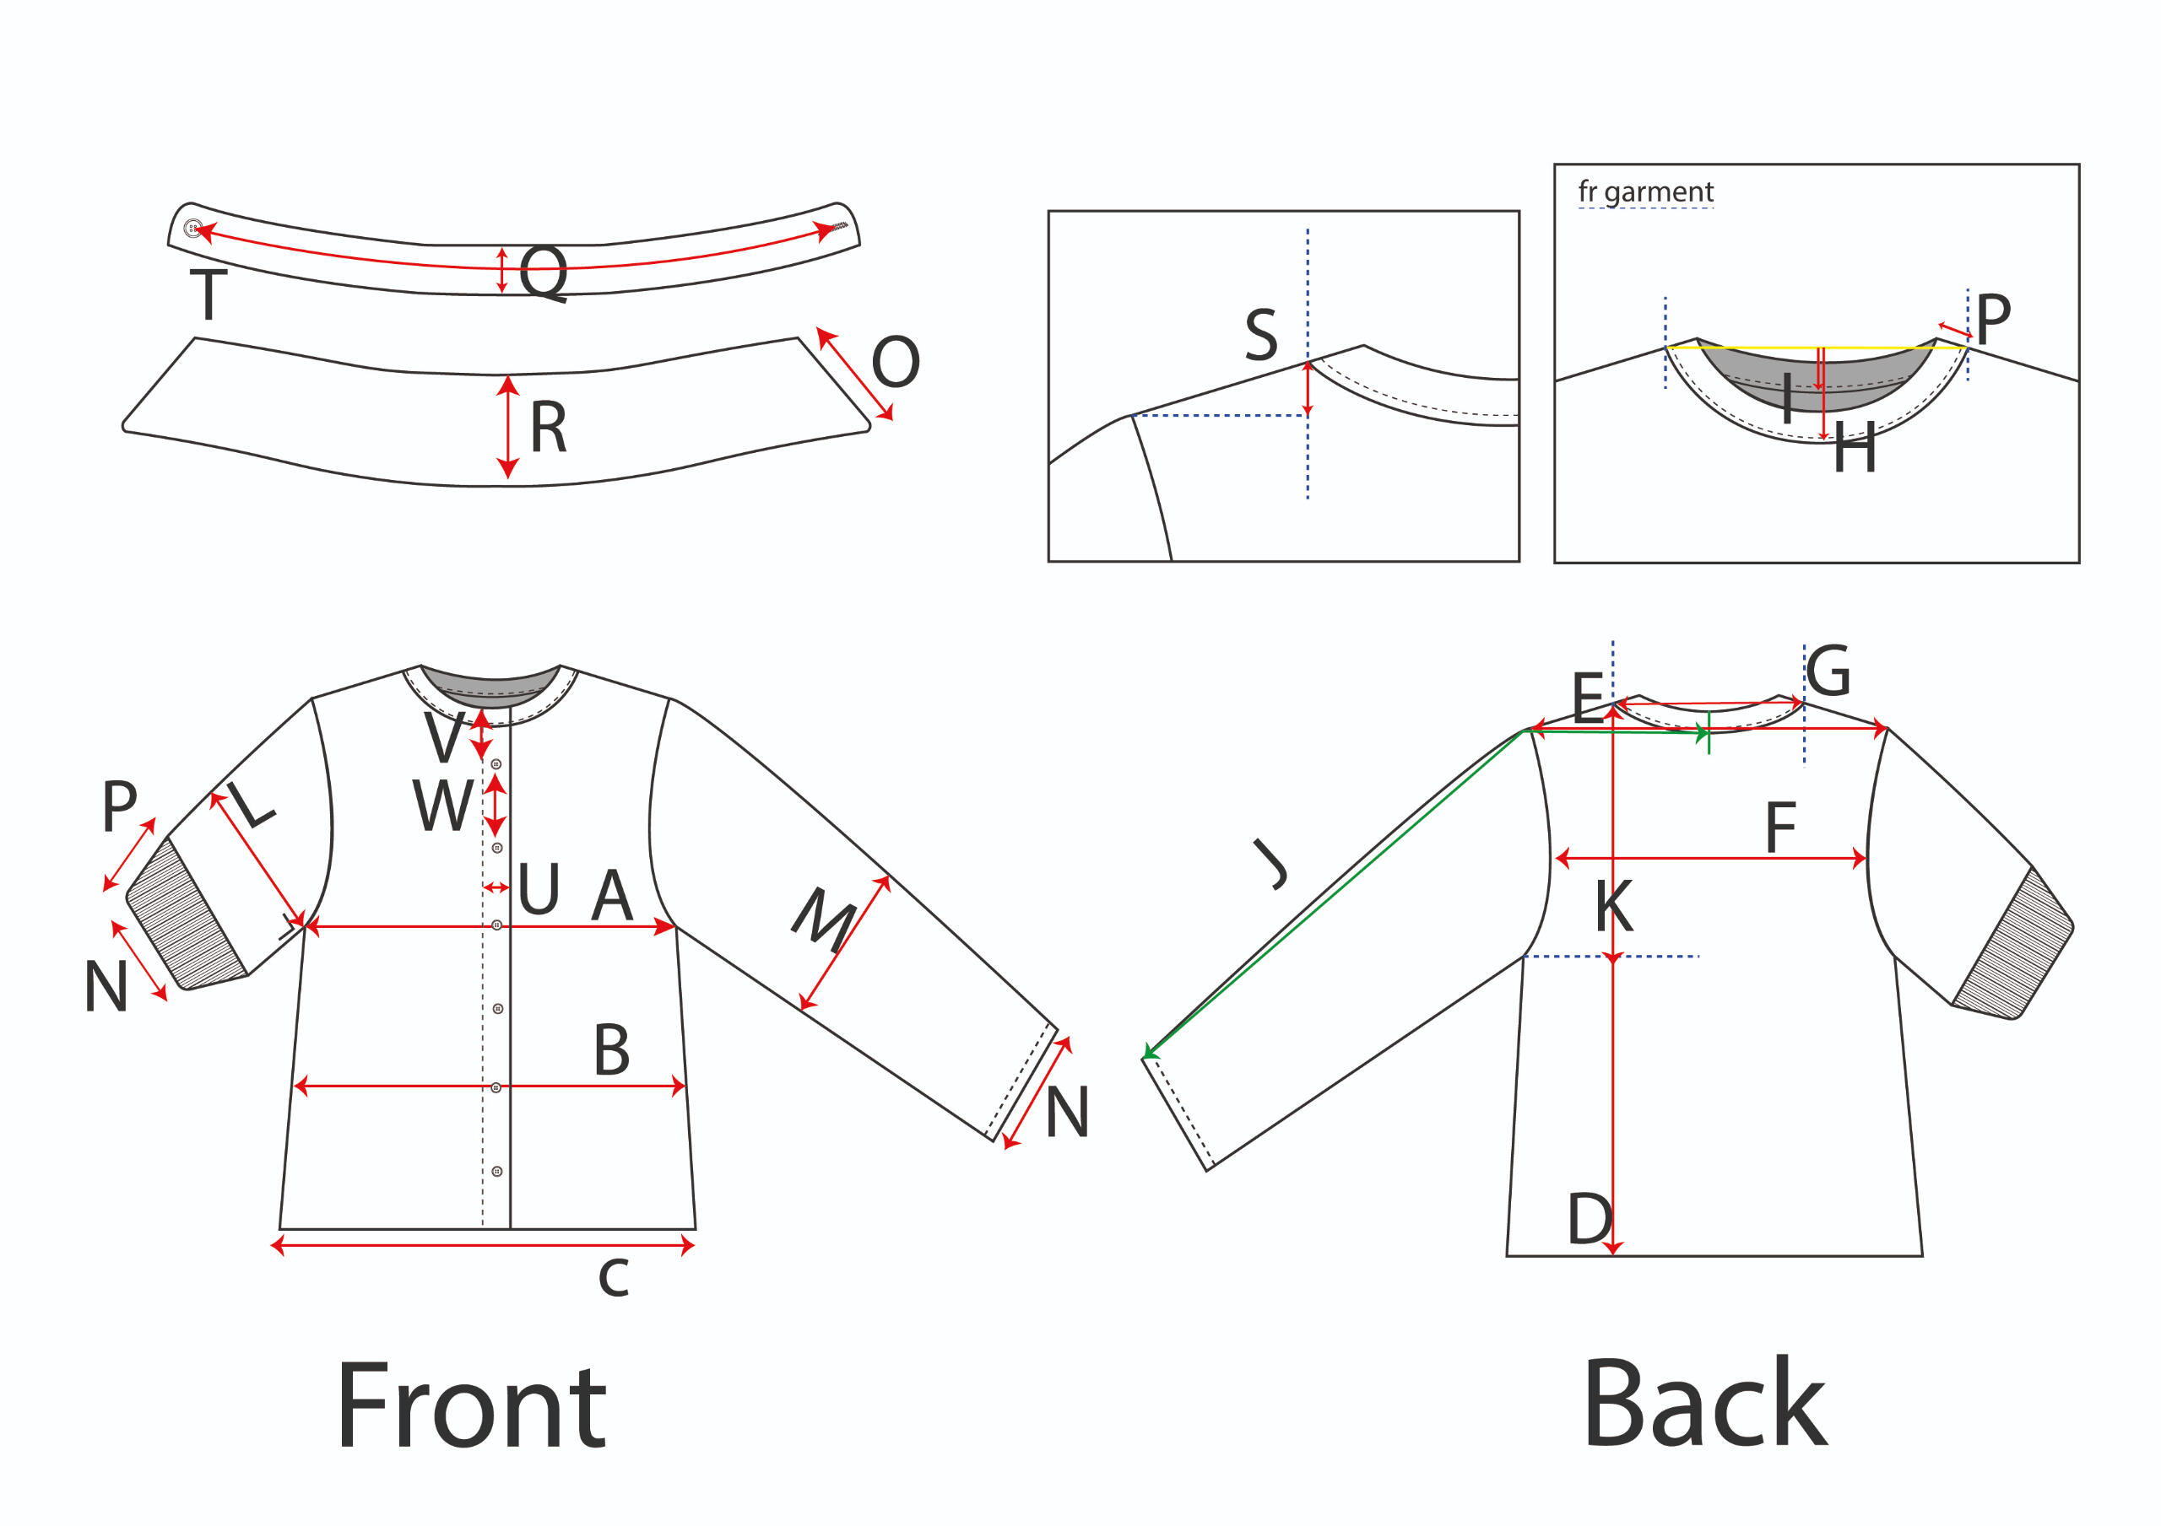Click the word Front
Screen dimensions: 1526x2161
tap(470, 1405)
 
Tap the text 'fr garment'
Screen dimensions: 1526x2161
tap(1645, 192)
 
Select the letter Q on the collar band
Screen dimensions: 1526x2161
tap(544, 272)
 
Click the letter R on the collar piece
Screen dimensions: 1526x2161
tap(549, 427)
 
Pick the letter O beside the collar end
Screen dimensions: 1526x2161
tap(895, 361)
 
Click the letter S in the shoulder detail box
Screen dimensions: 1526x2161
tap(1261, 335)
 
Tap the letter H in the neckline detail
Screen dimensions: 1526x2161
tap(1855, 449)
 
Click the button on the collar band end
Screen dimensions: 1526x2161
tap(193, 228)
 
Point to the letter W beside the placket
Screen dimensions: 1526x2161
tap(442, 806)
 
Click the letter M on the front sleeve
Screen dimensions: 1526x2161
tap(825, 919)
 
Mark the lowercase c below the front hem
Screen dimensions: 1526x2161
tap(614, 1278)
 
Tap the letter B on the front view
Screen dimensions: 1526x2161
tap(612, 1050)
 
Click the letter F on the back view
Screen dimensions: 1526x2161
tap(1779, 828)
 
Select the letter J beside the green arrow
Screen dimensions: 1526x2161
tap(1270, 864)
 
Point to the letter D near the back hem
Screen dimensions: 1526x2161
tap(1590, 1219)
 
